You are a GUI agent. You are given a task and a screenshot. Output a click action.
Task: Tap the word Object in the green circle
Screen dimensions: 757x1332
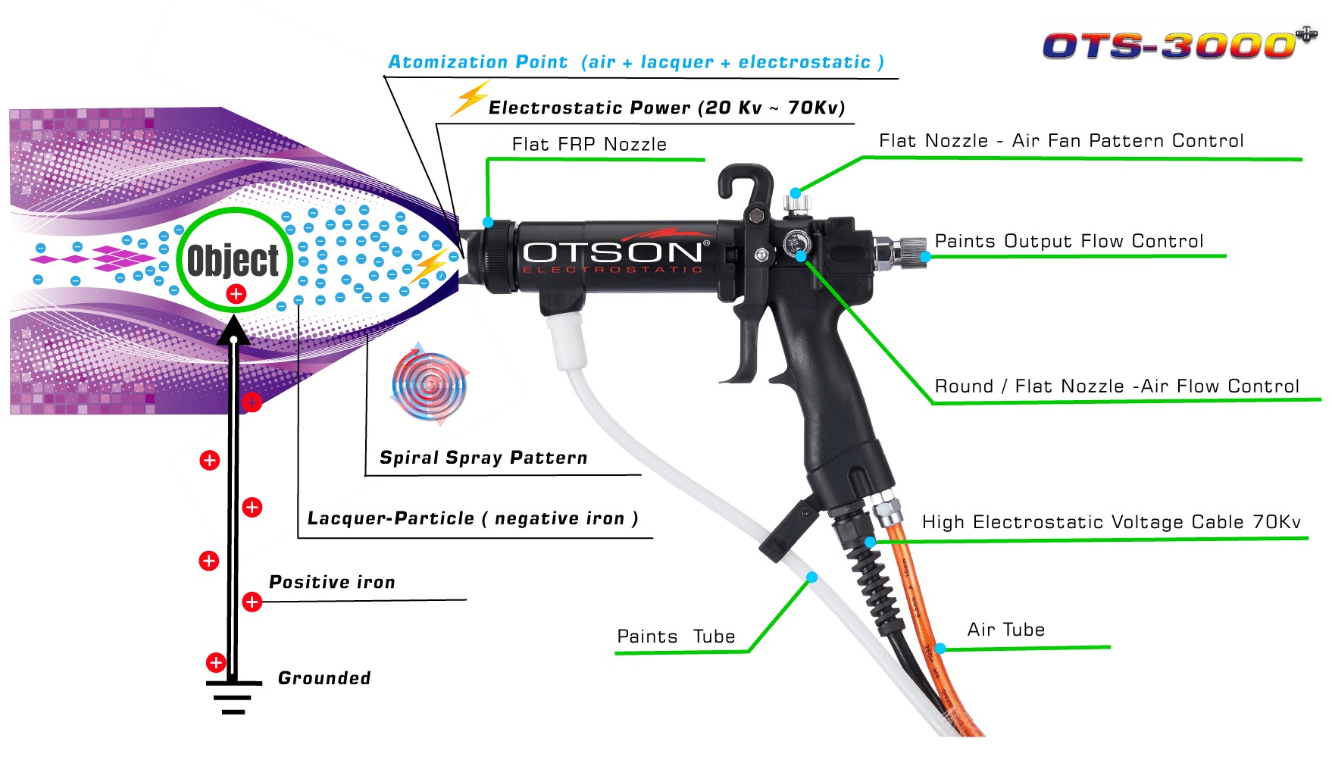pyautogui.click(x=233, y=260)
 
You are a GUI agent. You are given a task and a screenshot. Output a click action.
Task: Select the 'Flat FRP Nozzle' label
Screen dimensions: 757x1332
pyautogui.click(x=589, y=144)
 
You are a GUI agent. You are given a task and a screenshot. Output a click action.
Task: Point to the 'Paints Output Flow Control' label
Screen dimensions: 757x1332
pyautogui.click(x=1068, y=241)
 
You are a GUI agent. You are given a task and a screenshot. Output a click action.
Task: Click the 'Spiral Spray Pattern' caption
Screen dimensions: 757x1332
pyautogui.click(x=483, y=458)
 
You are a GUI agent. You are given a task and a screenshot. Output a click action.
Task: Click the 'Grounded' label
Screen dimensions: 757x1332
pyautogui.click(x=324, y=678)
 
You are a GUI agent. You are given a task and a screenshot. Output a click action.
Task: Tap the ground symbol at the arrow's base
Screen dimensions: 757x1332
pyautogui.click(x=233, y=697)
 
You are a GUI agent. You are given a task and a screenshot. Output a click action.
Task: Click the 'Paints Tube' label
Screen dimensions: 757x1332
pyautogui.click(x=676, y=637)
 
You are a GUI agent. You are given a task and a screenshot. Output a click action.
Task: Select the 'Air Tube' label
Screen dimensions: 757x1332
pyautogui.click(x=1005, y=630)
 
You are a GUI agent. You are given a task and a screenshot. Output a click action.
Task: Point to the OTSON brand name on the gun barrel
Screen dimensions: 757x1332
pyautogui.click(x=612, y=252)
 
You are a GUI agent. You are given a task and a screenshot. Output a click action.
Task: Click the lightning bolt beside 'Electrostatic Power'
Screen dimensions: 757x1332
pyautogui.click(x=470, y=99)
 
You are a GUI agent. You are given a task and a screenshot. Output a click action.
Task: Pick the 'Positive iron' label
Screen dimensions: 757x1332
pyautogui.click(x=332, y=582)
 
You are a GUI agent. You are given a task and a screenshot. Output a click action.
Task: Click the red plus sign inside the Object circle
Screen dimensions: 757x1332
pyautogui.click(x=236, y=294)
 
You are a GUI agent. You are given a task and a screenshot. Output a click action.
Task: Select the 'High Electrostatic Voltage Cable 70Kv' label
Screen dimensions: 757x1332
pyautogui.click(x=1111, y=522)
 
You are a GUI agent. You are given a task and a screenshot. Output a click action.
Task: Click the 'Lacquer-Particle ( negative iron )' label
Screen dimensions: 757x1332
pyautogui.click(x=473, y=518)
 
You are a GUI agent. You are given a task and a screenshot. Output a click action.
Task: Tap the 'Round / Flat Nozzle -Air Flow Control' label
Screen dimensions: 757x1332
pyautogui.click(x=1117, y=386)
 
